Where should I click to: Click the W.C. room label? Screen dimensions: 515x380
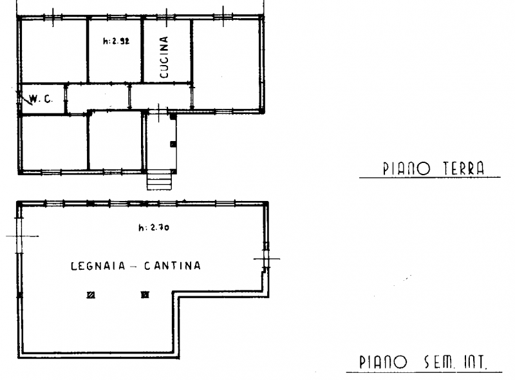click(41, 99)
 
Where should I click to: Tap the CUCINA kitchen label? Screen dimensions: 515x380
click(164, 57)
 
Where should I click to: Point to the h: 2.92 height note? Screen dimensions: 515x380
click(117, 41)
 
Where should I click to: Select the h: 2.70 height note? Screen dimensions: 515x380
click(154, 227)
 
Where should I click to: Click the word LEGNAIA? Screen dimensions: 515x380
click(98, 265)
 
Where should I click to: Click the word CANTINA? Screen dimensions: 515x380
click(173, 265)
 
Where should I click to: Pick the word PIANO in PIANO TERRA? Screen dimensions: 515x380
click(406, 169)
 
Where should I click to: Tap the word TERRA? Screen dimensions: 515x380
click(464, 168)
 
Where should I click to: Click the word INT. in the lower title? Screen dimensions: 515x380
click(475, 362)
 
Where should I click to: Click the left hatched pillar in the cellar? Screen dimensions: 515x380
click(91, 295)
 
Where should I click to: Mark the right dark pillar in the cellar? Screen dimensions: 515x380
click(145, 295)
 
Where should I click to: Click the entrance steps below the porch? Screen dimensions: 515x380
click(159, 182)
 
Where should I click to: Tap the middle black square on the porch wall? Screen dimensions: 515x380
click(173, 144)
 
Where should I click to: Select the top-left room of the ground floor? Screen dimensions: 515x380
click(54, 52)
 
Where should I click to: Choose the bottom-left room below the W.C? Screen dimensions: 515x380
click(55, 143)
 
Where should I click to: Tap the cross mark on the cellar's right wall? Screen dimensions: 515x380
click(267, 259)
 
